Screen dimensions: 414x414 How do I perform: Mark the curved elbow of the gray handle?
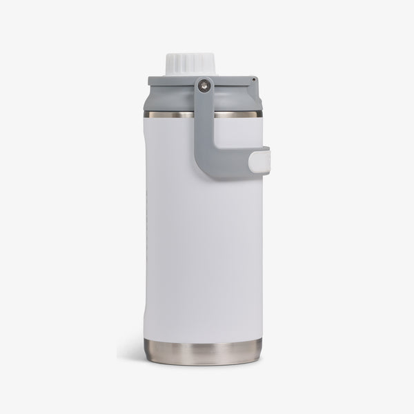point(208,166)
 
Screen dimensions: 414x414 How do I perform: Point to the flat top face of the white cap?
point(184,56)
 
